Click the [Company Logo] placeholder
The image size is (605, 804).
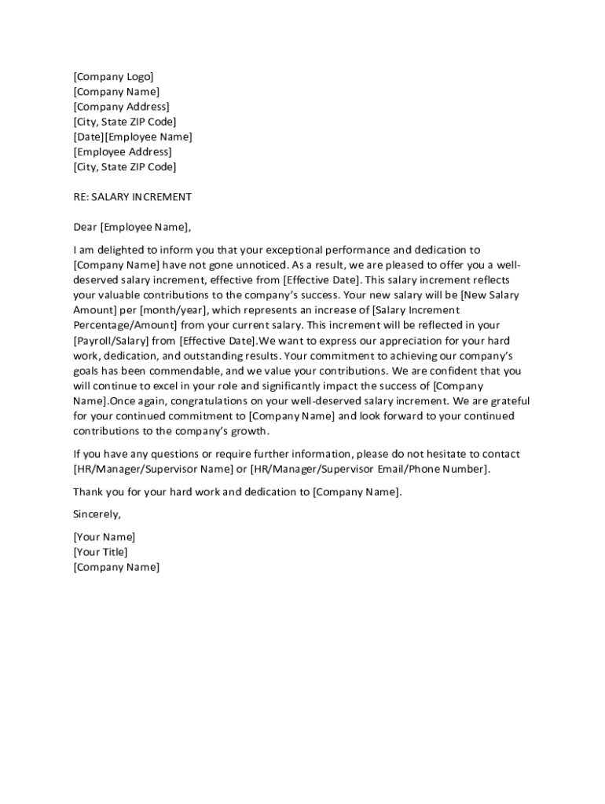pyautogui.click(x=113, y=77)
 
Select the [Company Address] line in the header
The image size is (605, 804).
pyautogui.click(x=121, y=107)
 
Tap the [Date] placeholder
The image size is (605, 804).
pyautogui.click(x=89, y=137)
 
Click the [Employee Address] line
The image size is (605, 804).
pyautogui.click(x=122, y=152)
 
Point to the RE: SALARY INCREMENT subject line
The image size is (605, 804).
pyautogui.click(x=132, y=197)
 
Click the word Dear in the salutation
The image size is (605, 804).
pyautogui.click(x=85, y=228)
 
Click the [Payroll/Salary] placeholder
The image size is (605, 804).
pyautogui.click(x=113, y=341)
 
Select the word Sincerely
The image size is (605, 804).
pyautogui.click(x=97, y=514)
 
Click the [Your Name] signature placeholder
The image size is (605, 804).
pyautogui.click(x=104, y=537)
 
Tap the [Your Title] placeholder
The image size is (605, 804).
pyautogui.click(x=101, y=552)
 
